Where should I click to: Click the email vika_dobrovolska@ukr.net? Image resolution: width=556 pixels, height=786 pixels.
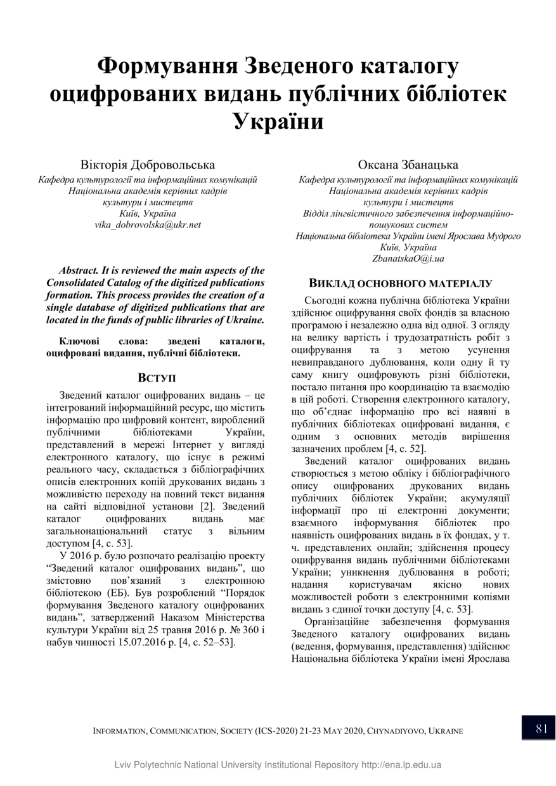(x=148, y=225)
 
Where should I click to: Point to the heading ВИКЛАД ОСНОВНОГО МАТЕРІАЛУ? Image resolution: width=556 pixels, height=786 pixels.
(x=401, y=283)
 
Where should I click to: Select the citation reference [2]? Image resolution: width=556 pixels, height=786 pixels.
(x=207, y=506)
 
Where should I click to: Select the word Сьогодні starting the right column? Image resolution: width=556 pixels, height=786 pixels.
(x=330, y=300)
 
